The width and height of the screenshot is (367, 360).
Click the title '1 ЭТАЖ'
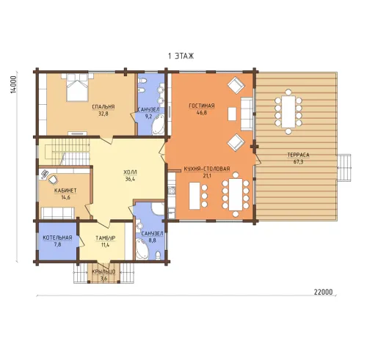click(x=181, y=56)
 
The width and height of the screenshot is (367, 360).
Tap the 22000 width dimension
click(x=323, y=292)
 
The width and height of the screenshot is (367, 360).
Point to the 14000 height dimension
click(x=14, y=84)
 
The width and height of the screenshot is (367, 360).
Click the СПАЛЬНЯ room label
click(x=103, y=107)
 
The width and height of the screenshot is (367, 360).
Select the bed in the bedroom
click(x=77, y=87)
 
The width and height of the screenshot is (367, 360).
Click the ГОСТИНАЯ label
click(x=202, y=106)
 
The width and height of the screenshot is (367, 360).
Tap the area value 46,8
click(x=202, y=112)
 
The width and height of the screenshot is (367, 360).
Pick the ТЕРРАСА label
click(x=298, y=155)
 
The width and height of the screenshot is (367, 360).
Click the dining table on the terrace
click(x=288, y=111)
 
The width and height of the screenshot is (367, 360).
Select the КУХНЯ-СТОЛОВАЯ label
click(x=207, y=169)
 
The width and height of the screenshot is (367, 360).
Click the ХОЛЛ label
click(x=130, y=172)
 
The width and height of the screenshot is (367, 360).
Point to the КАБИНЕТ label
click(x=65, y=191)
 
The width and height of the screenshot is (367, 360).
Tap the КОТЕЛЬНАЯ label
click(x=57, y=238)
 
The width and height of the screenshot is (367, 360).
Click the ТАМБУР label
click(x=106, y=238)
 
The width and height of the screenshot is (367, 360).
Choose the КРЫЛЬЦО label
click(x=103, y=271)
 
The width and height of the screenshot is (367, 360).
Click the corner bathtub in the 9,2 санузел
click(x=159, y=127)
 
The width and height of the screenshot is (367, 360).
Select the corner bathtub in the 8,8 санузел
click(x=142, y=249)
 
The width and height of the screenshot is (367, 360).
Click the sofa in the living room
click(x=247, y=114)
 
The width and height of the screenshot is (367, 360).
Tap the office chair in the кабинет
click(x=53, y=180)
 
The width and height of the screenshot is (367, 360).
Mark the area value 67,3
click(x=298, y=161)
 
